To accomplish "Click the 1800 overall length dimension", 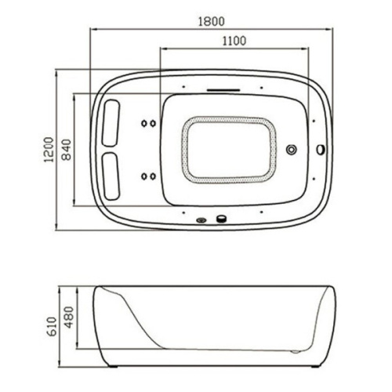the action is [211, 21].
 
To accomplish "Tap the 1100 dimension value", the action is [234, 41].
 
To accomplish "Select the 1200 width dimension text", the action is [49, 150].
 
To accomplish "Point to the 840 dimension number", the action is [67, 150].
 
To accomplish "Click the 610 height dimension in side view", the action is [53, 327].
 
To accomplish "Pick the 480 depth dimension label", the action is [69, 317].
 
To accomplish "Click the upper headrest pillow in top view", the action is [111, 123].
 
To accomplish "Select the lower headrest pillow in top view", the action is [111, 176].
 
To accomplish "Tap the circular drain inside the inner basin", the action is [292, 150].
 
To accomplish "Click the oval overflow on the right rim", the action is [321, 150].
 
